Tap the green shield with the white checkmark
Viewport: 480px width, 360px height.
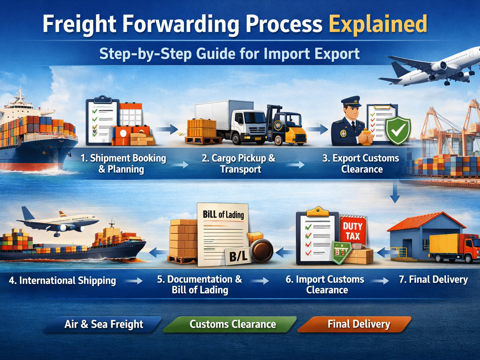click(x=398, y=130)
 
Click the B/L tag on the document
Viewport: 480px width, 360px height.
click(x=238, y=257)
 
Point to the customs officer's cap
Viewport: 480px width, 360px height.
click(x=351, y=102)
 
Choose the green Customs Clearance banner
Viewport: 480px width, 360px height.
click(x=232, y=324)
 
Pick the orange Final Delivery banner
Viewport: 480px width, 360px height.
click(x=358, y=324)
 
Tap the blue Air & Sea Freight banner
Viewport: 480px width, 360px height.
click(x=103, y=324)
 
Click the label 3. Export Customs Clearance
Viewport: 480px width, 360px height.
click(x=361, y=163)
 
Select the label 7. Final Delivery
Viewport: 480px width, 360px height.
click(x=433, y=279)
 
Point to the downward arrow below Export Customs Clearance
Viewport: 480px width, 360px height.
click(x=395, y=193)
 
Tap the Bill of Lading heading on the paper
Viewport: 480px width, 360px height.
click(x=223, y=214)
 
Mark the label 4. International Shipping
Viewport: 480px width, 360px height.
click(x=62, y=281)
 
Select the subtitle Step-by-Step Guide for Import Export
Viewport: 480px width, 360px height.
click(x=229, y=54)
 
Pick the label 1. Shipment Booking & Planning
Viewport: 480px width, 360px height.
click(x=123, y=163)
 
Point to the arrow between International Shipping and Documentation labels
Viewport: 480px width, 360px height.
click(x=134, y=281)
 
